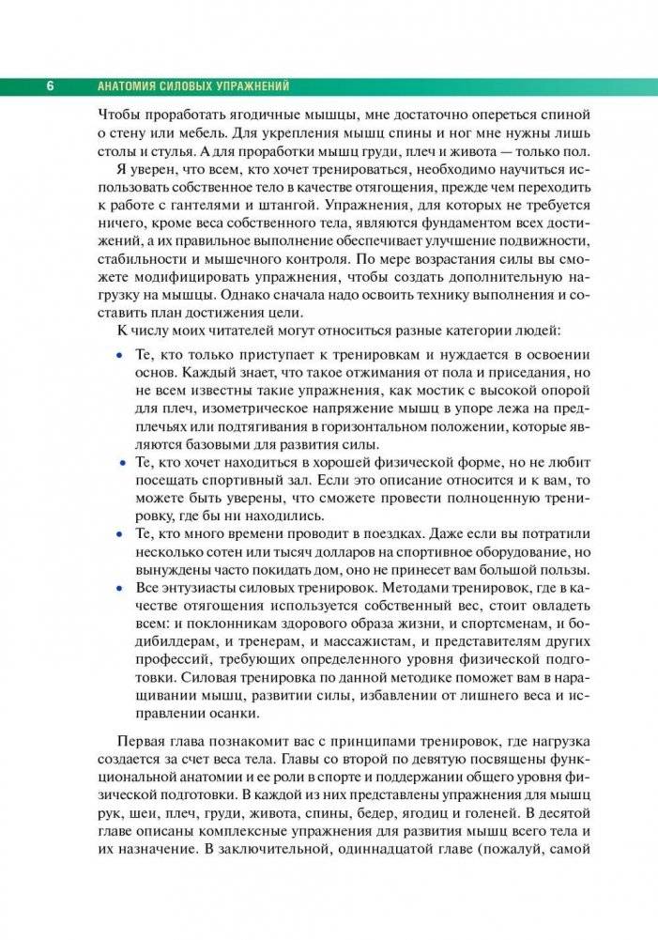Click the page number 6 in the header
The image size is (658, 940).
pos(49,86)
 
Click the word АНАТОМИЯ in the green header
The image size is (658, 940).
pos(130,86)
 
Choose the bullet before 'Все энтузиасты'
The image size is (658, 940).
pos(117,587)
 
